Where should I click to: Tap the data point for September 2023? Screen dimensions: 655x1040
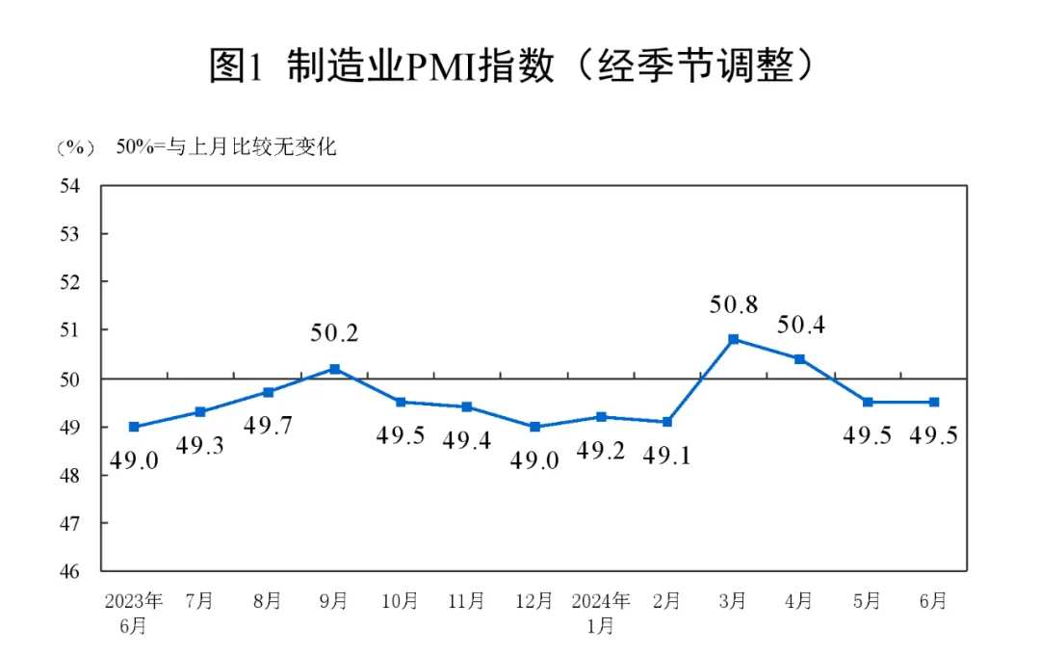click(334, 369)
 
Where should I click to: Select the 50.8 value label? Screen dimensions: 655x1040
click(734, 305)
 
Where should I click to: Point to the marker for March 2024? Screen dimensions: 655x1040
click(734, 339)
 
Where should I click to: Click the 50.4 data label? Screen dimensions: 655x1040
click(800, 325)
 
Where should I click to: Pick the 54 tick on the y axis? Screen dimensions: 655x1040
click(69, 186)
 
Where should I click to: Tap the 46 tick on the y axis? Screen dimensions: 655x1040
click(69, 571)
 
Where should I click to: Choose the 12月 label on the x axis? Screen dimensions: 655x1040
click(533, 601)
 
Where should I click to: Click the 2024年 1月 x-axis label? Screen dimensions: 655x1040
click(600, 613)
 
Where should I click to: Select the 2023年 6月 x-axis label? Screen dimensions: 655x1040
click(134, 613)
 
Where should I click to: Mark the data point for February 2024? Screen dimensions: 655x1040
click(667, 422)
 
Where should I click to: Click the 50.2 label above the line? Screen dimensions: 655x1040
click(334, 334)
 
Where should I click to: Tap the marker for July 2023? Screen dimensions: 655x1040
click(200, 412)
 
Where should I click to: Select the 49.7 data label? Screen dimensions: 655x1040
click(268, 425)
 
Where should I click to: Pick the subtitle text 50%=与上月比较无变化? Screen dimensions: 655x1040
click(226, 148)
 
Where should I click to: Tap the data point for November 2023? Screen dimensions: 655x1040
click(467, 407)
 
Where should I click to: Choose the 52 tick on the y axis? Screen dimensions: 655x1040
click(69, 282)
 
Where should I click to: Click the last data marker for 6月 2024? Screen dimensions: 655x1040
click(934, 403)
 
